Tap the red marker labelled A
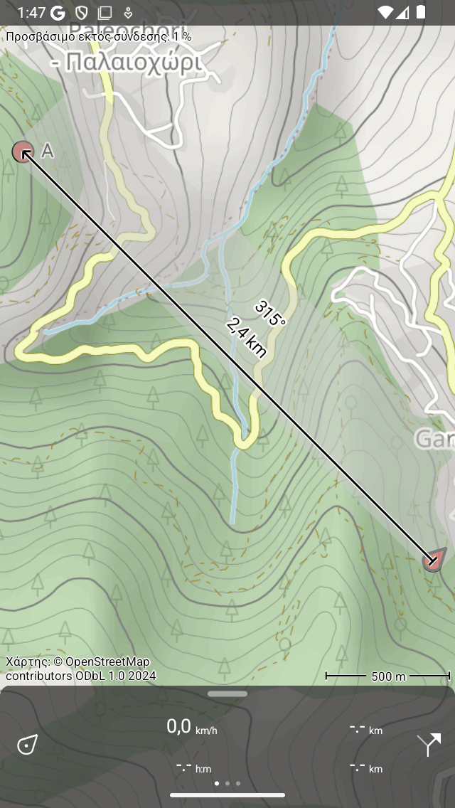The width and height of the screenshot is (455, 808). [23, 151]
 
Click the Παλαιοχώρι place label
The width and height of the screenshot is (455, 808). [126, 63]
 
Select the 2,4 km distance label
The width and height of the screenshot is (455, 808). [247, 338]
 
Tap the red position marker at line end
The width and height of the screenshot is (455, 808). [433, 560]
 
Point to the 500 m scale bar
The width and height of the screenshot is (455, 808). [387, 676]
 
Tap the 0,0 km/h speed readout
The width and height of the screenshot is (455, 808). [191, 727]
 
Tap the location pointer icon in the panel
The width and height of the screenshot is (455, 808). [27, 745]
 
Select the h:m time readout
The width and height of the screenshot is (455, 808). [193, 767]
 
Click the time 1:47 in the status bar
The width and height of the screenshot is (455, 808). [31, 12]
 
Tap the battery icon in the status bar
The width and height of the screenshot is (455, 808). [422, 12]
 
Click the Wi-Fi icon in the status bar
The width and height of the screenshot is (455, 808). [385, 12]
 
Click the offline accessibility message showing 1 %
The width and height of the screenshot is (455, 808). [99, 36]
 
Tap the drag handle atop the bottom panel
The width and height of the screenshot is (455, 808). [227, 693]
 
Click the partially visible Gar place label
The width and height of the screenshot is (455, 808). [434, 439]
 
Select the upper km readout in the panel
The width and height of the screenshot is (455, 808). [366, 729]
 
